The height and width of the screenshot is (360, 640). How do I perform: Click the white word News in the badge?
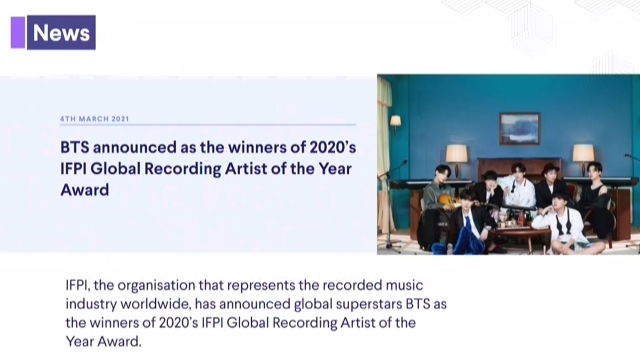pyautogui.click(x=61, y=33)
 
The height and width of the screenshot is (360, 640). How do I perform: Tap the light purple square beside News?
pyautogui.click(x=18, y=33)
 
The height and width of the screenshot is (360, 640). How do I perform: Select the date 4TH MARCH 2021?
pyautogui.click(x=94, y=119)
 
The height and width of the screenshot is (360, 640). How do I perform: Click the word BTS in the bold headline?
pyautogui.click(x=75, y=147)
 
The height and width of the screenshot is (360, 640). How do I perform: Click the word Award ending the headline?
pyautogui.click(x=85, y=190)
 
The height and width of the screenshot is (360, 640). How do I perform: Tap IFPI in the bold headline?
pyautogui.click(x=73, y=169)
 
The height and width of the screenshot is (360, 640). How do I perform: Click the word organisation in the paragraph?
pyautogui.click(x=156, y=285)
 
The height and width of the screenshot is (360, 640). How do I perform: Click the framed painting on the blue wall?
pyautogui.click(x=520, y=129)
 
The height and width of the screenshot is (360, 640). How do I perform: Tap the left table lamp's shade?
pyautogui.click(x=456, y=154)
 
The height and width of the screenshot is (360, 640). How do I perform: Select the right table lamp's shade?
pyautogui.click(x=583, y=154)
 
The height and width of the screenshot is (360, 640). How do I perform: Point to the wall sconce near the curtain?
pyautogui.click(x=395, y=121)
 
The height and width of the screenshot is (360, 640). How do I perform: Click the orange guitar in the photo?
pyautogui.click(x=449, y=202)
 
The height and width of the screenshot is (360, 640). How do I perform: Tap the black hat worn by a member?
pyautogui.click(x=550, y=169)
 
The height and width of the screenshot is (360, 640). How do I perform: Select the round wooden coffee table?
pyautogui.click(x=515, y=234)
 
